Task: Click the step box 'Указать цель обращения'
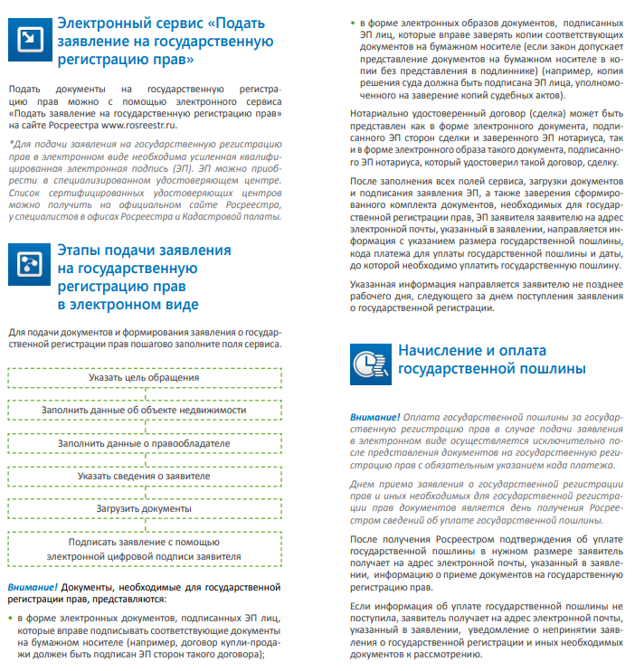pos(145,377)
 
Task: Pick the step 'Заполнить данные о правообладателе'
pos(145,443)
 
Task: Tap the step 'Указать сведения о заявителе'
pos(145,476)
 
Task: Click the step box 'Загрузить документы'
pos(145,508)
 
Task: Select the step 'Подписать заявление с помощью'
pos(145,542)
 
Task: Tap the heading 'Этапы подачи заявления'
pos(145,250)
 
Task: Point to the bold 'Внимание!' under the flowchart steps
pos(33,586)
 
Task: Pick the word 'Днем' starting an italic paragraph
pos(362,486)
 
